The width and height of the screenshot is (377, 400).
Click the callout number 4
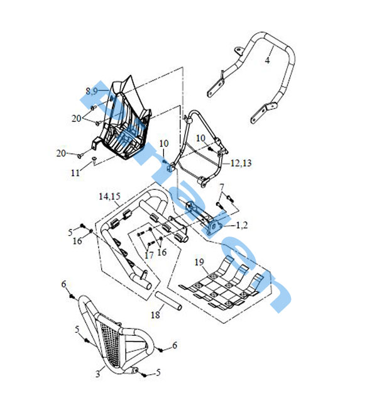click(268, 60)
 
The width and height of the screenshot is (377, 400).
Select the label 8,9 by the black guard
click(92, 91)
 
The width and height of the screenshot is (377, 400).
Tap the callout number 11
click(75, 172)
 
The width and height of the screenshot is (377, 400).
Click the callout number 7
click(221, 187)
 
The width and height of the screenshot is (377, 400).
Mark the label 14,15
click(109, 197)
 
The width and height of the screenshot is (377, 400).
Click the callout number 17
click(148, 255)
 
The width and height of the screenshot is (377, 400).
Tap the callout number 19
click(199, 262)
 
